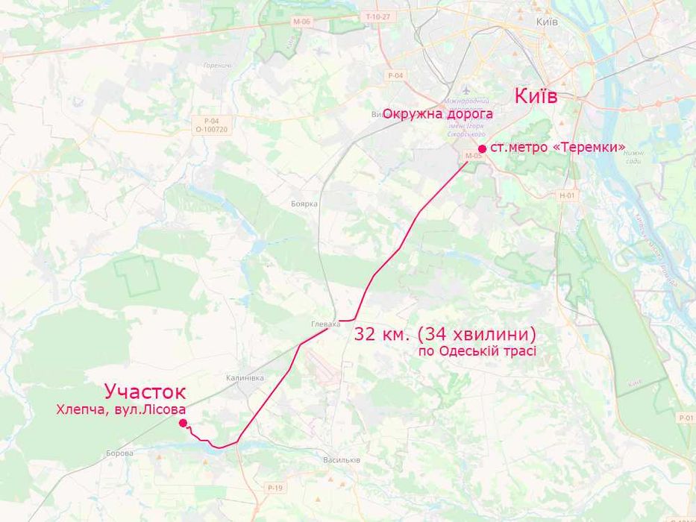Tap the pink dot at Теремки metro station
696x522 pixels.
483,148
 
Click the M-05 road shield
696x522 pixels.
474,156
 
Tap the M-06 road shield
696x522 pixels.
301,22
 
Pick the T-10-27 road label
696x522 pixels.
378,16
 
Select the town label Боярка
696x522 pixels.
304,204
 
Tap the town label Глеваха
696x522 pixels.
325,324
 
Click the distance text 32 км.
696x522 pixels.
383,333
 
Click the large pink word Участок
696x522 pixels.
145,391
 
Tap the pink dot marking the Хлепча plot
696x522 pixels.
183,423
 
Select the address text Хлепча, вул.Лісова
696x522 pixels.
121,409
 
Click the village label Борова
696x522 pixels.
119,453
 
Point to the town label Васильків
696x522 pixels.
342,459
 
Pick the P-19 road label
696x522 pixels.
275,487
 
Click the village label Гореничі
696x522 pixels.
217,66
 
